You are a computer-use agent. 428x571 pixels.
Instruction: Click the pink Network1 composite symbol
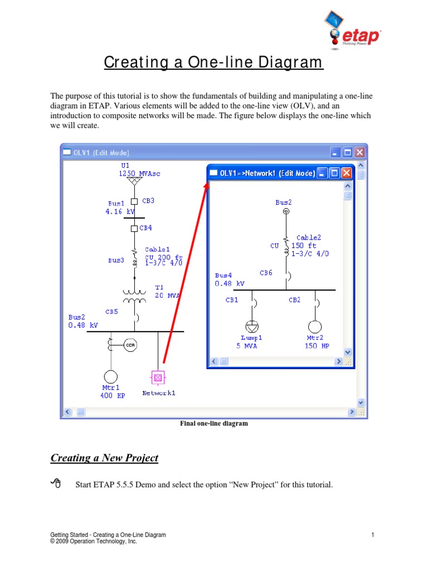[158, 378]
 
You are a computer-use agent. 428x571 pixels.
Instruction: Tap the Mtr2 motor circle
[315, 327]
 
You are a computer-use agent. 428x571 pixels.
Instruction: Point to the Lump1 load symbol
[252, 327]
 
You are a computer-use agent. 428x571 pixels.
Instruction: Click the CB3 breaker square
[134, 202]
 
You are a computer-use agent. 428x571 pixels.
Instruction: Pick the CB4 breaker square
[134, 228]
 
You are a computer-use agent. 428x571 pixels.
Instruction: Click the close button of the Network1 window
[347, 173]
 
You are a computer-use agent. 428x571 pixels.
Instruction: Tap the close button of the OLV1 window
[360, 152]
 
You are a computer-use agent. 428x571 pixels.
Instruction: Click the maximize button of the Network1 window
[334, 173]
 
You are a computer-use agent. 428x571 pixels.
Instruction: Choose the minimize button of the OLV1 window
[335, 152]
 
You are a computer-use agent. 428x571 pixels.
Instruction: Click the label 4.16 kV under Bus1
[120, 212]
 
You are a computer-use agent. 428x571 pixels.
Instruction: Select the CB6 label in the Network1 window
[266, 273]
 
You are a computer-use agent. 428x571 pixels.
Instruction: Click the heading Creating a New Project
[104, 458]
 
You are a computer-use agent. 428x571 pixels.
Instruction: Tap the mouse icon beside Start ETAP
[55, 483]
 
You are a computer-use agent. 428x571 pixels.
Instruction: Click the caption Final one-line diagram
[213, 424]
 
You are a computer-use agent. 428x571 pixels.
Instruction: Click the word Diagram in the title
[290, 62]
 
